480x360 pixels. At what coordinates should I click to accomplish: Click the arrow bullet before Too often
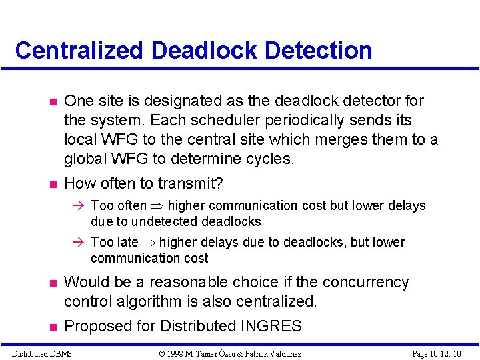79,206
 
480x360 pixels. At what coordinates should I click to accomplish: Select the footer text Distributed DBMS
41,353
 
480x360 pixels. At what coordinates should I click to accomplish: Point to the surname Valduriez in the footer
280,353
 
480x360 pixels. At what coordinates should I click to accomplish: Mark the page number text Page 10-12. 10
436,353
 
